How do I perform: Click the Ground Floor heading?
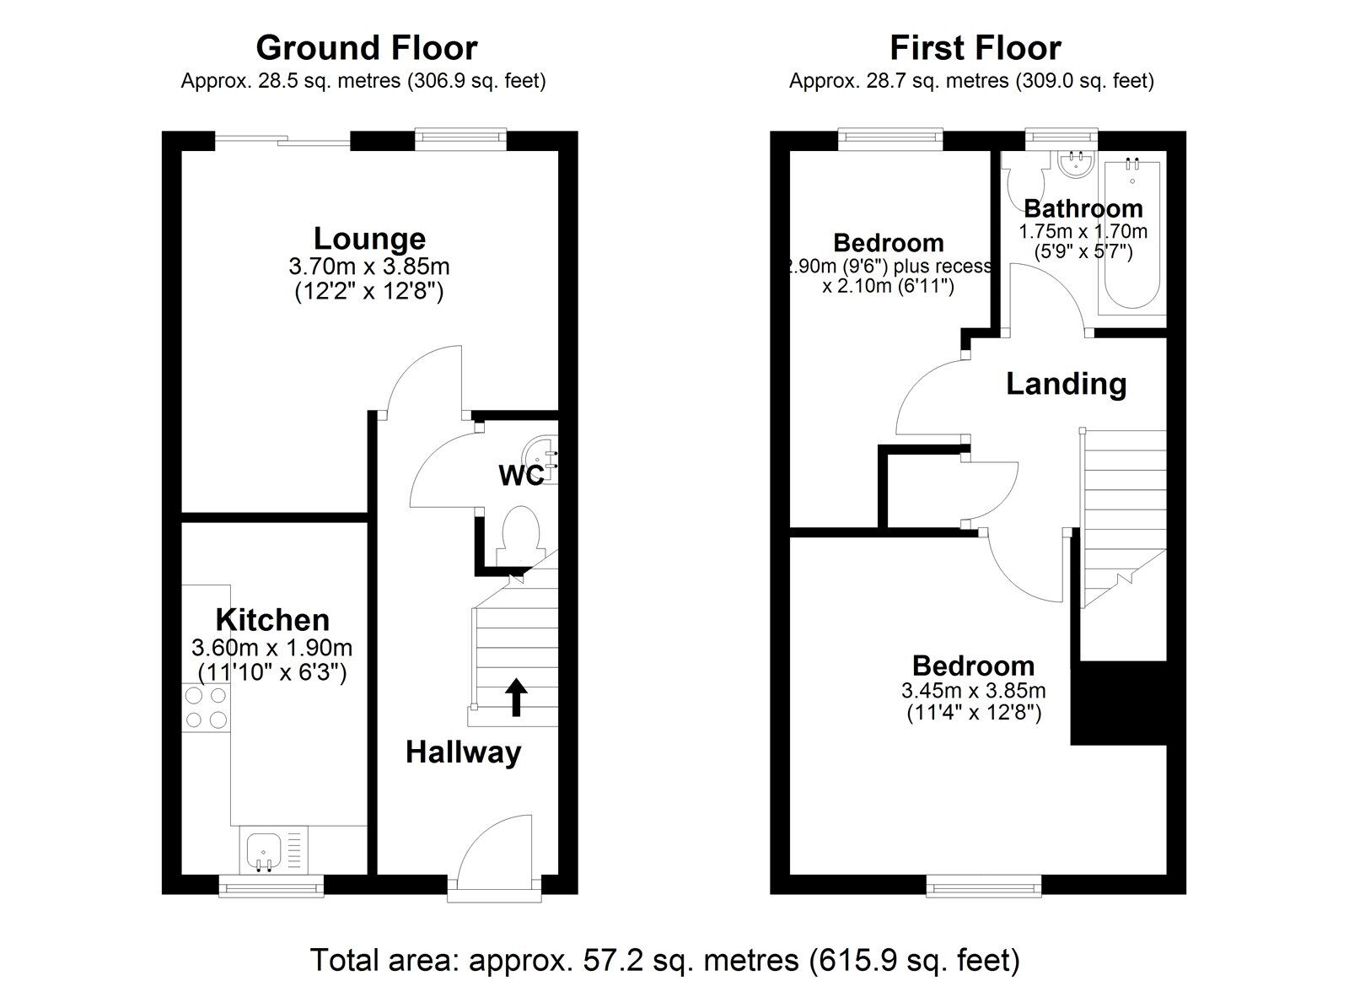[x=366, y=48]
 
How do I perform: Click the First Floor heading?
[x=975, y=48]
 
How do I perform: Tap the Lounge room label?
[x=369, y=239]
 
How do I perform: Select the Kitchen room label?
[x=272, y=620]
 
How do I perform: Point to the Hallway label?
[x=463, y=752]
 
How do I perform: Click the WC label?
[x=520, y=476]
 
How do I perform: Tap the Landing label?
[x=1066, y=384]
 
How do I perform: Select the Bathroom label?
[x=1083, y=208]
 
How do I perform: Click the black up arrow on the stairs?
[x=516, y=697]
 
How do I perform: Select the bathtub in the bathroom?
[x=1131, y=236]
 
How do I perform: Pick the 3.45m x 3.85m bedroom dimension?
[x=973, y=691]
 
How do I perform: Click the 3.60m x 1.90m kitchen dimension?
[x=271, y=648]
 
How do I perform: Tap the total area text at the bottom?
[x=665, y=960]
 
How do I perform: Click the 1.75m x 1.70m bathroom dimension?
[x=1083, y=231]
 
